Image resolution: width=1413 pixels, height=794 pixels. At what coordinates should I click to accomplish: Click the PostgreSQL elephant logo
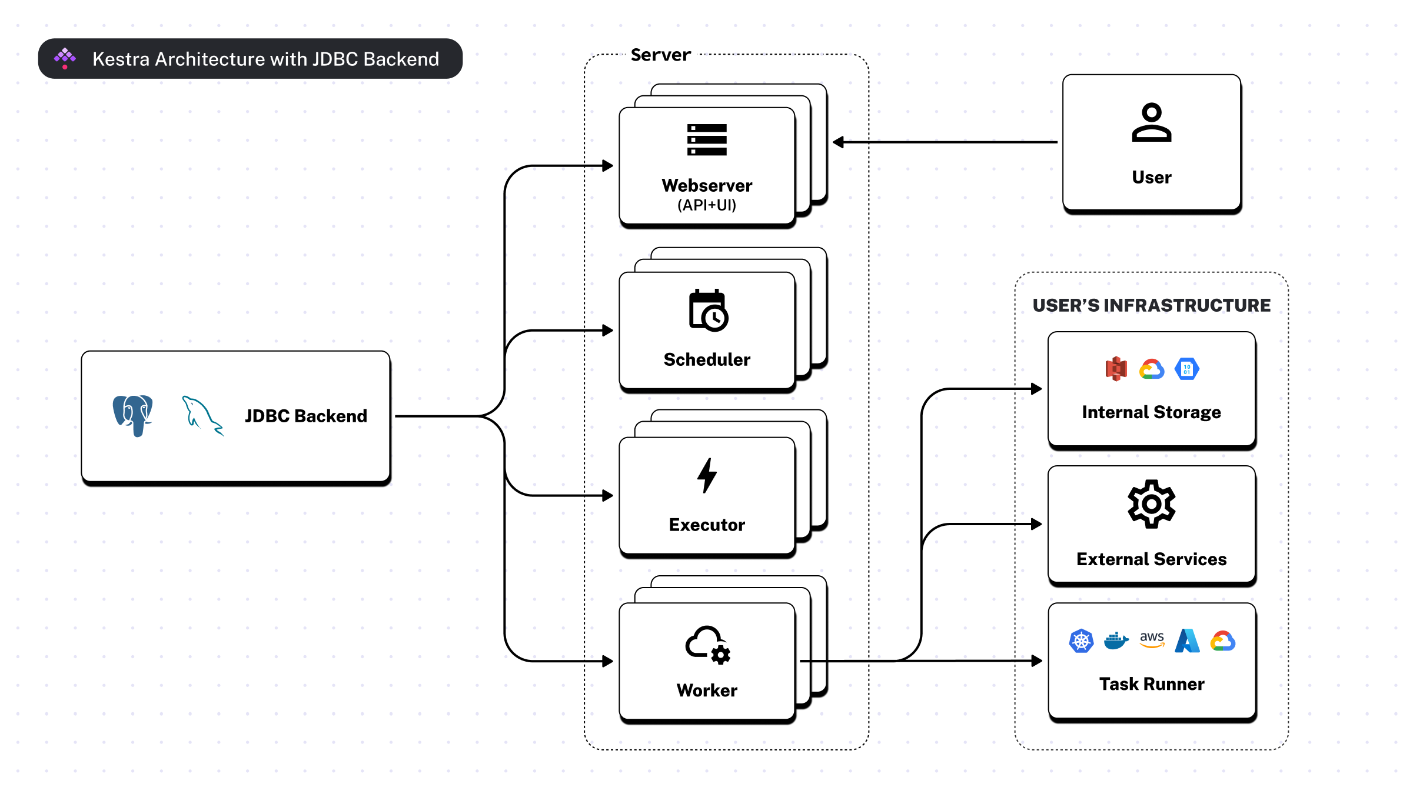click(133, 415)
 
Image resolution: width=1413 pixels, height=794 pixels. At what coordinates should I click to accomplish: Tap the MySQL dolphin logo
click(202, 416)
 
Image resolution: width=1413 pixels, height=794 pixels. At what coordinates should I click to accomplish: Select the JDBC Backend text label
click(306, 416)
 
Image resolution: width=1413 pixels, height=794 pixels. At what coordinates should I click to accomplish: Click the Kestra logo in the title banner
click(65, 58)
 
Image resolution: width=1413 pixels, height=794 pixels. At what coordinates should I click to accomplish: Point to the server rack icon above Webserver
click(707, 140)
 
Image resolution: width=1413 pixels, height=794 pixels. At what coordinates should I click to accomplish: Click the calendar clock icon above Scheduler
click(708, 311)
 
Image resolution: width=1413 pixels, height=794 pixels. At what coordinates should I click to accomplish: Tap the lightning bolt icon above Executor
click(707, 475)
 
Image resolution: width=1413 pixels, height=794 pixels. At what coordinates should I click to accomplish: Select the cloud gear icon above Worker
click(707, 645)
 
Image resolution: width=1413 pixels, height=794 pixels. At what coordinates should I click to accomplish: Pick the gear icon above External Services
click(1151, 504)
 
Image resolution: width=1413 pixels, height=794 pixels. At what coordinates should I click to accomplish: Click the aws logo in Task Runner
click(1152, 639)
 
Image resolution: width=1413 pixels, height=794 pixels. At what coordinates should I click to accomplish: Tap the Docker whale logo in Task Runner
click(1116, 640)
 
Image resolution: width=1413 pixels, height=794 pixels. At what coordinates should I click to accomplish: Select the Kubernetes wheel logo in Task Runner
click(1081, 641)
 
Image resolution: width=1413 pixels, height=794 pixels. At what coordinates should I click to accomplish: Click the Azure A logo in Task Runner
click(1187, 641)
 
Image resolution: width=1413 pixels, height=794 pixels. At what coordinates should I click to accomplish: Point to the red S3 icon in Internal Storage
click(1116, 369)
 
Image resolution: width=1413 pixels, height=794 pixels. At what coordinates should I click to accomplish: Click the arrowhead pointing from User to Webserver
click(839, 142)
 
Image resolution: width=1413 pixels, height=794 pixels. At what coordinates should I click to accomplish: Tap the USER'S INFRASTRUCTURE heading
click(1151, 305)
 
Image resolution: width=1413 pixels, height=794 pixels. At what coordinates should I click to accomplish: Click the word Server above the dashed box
click(660, 55)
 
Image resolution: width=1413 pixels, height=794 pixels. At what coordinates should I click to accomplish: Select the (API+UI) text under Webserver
click(707, 205)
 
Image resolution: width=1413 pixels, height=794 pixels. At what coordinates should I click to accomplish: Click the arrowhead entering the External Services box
click(1036, 524)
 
